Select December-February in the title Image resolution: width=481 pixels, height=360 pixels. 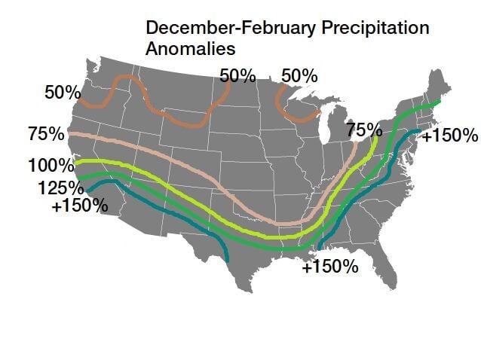click(222, 29)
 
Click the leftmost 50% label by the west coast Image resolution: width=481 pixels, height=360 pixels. click(63, 93)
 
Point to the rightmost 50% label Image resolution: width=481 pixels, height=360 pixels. click(299, 76)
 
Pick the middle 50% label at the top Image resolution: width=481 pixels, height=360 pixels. click(237, 75)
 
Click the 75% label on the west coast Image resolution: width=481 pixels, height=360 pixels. click(46, 135)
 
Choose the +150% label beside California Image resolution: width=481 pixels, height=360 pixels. click(80, 205)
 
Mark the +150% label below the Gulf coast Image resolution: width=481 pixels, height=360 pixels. click(330, 267)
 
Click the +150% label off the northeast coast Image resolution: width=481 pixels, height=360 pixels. click(450, 136)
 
